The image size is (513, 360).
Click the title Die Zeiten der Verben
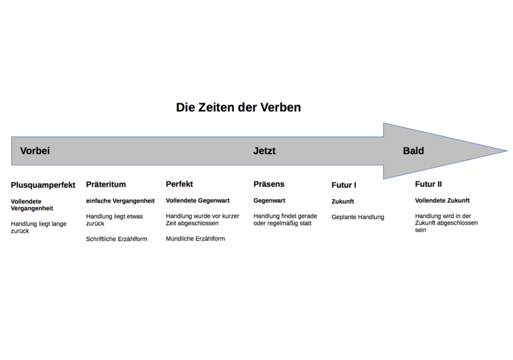(x=238, y=107)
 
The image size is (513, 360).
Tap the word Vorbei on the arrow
(x=35, y=151)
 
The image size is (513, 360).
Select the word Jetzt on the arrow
(x=264, y=151)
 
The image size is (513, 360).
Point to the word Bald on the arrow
(x=413, y=151)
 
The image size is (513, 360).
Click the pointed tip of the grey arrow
(x=507, y=151)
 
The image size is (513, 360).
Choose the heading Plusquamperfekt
(x=43, y=185)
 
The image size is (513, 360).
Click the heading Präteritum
(x=105, y=184)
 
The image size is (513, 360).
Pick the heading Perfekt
(x=179, y=184)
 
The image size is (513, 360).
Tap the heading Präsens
(x=269, y=184)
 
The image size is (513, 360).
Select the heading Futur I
(x=343, y=185)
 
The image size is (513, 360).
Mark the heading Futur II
(x=428, y=184)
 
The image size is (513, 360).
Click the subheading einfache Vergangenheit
(x=120, y=201)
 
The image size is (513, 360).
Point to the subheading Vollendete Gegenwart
(x=198, y=201)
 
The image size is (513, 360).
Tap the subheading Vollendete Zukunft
(x=443, y=201)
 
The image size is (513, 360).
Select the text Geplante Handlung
(x=358, y=217)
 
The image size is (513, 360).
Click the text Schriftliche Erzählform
(x=116, y=239)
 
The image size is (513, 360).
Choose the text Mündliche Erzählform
(x=196, y=239)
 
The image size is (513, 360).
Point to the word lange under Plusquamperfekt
(x=59, y=224)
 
